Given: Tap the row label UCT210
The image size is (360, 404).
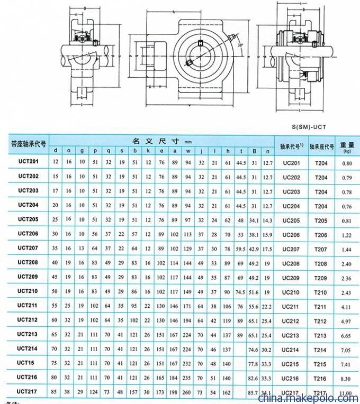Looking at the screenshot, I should [28, 291].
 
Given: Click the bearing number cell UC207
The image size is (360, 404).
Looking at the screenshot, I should [291, 249].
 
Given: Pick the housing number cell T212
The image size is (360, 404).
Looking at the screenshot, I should [321, 320].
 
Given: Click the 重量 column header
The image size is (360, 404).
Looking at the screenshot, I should [347, 146].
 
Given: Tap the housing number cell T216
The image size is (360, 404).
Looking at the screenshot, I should [321, 378].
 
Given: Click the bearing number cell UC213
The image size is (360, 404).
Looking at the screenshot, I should [291, 335].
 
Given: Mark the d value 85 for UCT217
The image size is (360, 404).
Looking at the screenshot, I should [57, 391].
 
